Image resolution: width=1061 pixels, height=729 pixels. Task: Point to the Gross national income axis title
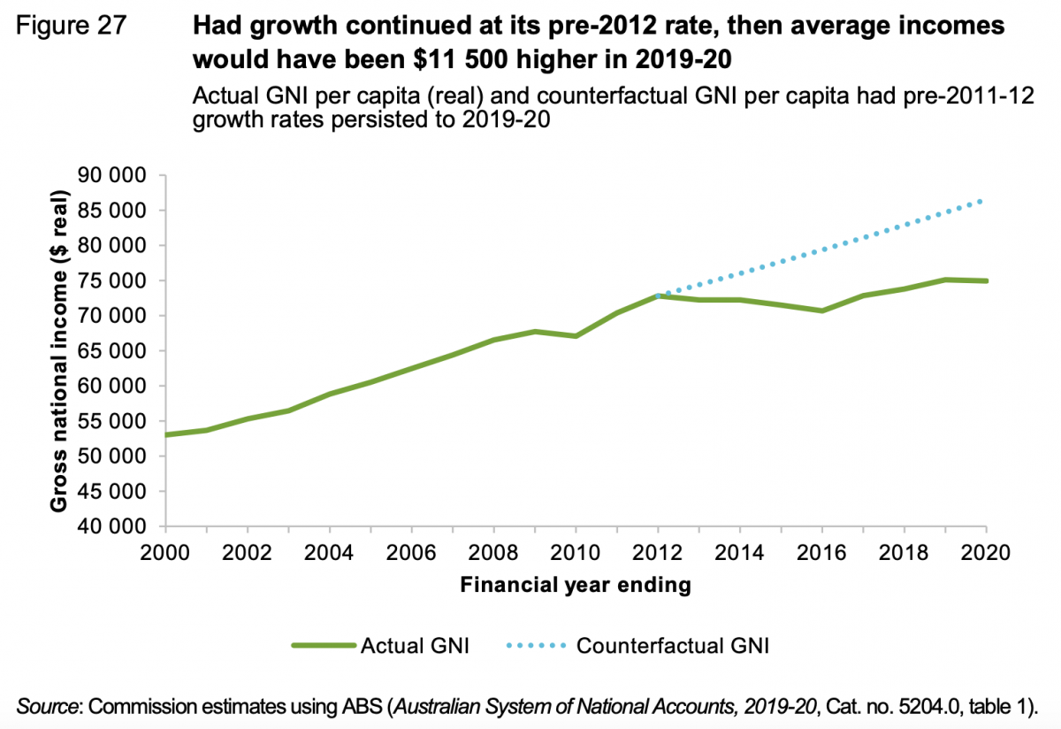[x=59, y=350]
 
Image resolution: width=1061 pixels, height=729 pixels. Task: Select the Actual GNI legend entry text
[x=415, y=646]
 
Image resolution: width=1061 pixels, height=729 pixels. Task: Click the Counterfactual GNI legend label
[x=673, y=646]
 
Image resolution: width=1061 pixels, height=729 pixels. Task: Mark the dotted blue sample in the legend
[x=536, y=646]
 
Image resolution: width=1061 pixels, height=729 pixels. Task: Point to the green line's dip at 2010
[x=575, y=336]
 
